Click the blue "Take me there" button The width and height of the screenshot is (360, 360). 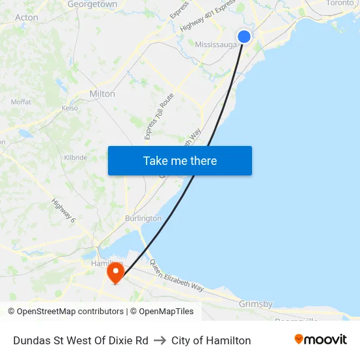tap(180, 160)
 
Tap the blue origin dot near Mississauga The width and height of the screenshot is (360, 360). tap(244, 37)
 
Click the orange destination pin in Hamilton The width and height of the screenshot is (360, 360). tap(116, 272)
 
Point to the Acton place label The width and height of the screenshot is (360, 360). tap(26, 18)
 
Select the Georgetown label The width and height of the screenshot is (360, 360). tap(92, 5)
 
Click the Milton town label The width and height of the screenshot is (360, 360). tap(102, 94)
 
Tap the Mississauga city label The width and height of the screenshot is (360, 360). tap(216, 45)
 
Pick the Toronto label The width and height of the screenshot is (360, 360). tap(339, 3)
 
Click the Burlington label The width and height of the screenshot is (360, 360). tap(143, 218)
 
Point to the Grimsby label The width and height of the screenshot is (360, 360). tap(255, 304)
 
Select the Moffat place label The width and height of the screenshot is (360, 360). tap(21, 102)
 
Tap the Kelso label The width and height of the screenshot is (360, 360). tap(69, 108)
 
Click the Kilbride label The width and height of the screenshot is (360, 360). tap(75, 158)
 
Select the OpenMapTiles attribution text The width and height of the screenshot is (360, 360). tap(166, 312)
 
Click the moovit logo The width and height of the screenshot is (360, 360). tap(321, 340)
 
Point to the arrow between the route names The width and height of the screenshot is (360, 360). tap(160, 340)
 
